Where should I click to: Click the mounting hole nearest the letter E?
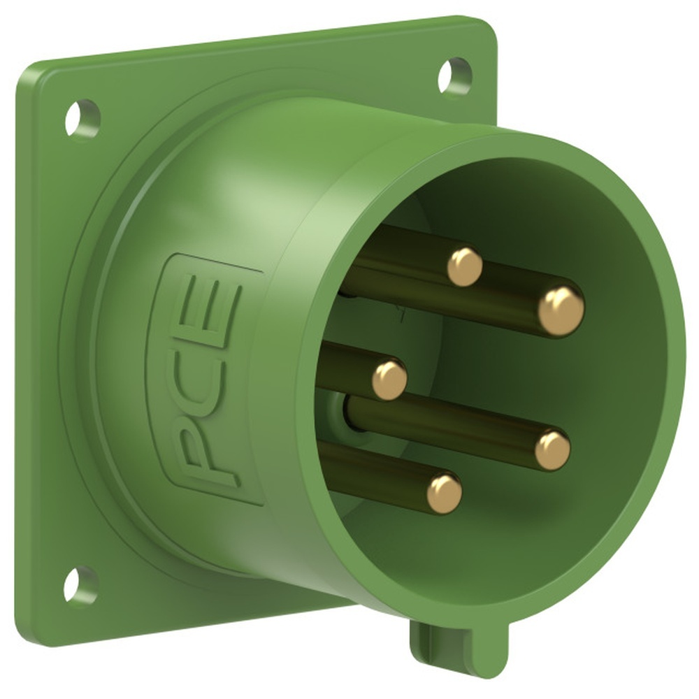[82, 117]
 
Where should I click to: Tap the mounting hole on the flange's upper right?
[454, 75]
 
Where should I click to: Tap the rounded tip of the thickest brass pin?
[561, 310]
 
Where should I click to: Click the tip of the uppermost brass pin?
[465, 266]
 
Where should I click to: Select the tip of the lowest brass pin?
[445, 493]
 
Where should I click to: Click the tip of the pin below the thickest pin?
[553, 449]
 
